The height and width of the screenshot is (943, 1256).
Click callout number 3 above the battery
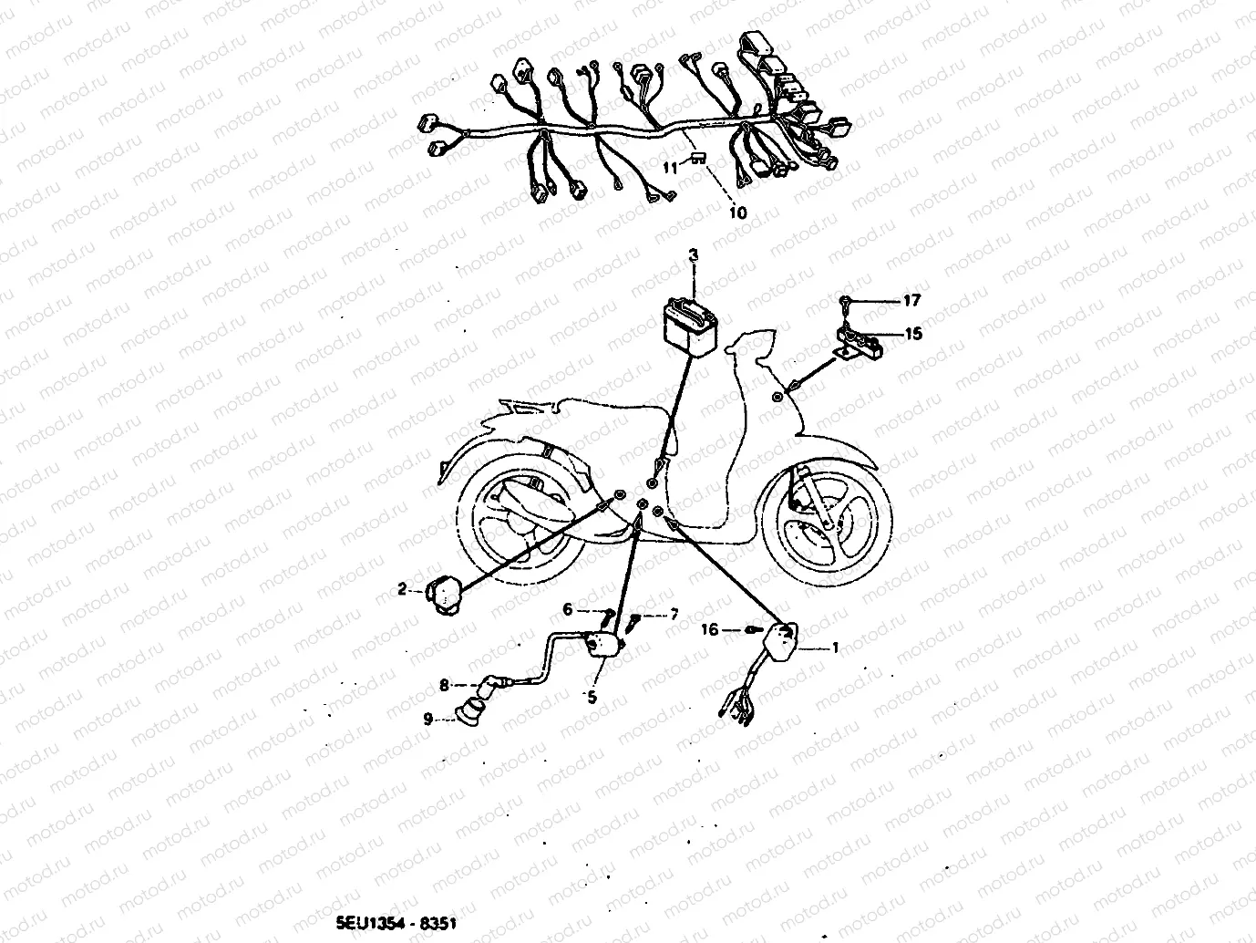[x=693, y=255]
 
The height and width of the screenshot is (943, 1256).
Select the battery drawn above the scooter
[x=690, y=324]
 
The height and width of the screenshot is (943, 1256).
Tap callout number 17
[x=911, y=300]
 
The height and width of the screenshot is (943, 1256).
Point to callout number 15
[x=913, y=334]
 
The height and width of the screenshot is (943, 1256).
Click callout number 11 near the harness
[x=671, y=167]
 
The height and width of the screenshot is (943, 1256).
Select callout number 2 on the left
[x=402, y=590]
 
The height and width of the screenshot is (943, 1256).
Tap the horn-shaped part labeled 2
[x=444, y=594]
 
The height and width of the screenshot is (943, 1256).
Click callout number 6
[x=566, y=609]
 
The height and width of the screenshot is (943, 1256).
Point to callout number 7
[x=674, y=616]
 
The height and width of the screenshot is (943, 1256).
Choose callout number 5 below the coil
[x=592, y=698]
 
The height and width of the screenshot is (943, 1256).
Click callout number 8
[x=444, y=683]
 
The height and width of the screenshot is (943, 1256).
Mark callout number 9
[x=427, y=718]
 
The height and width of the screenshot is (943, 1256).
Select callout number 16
[x=709, y=629]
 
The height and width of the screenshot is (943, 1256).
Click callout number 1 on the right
[x=833, y=648]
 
